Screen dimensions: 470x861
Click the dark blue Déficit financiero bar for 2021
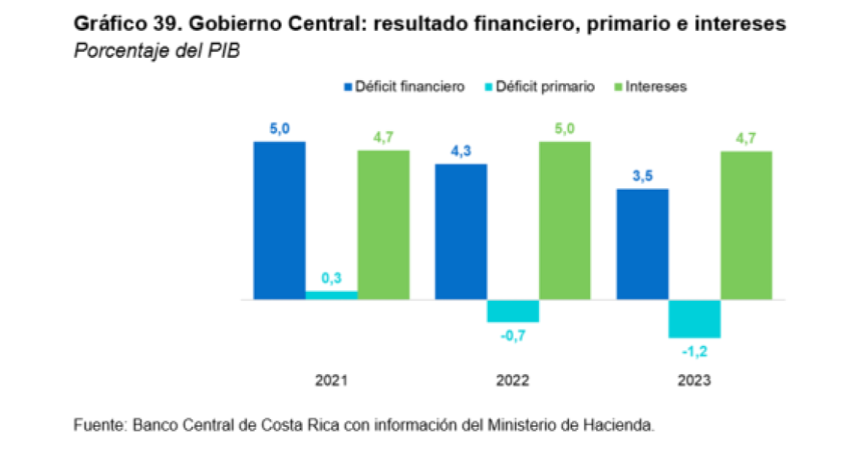tap(280, 221)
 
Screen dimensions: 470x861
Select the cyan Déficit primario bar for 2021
tap(331, 295)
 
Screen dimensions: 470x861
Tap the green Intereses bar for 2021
tap(383, 225)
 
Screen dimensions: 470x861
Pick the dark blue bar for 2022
tap(461, 232)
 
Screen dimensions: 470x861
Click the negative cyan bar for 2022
tap(513, 310)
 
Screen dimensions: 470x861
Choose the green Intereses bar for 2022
tap(564, 221)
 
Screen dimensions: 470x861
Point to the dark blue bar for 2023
tap(642, 244)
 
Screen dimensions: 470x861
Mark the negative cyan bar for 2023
tap(694, 318)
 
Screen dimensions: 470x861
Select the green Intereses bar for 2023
tap(746, 225)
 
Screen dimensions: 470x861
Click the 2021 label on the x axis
tap(331, 381)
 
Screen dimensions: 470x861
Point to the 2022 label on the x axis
tap(513, 381)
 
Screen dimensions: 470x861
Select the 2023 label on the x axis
tap(694, 381)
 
